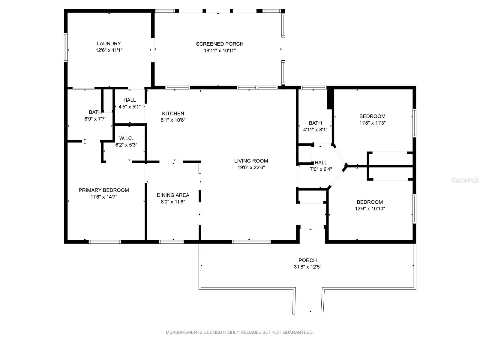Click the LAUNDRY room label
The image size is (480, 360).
tap(109, 44)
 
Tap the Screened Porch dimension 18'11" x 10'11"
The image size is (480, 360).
tap(220, 51)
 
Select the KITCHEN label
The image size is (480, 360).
tap(173, 113)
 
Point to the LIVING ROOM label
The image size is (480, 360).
tap(251, 161)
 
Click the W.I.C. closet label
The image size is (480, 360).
tap(126, 138)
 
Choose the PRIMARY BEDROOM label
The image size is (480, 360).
tap(104, 190)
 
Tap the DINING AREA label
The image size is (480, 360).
tap(173, 195)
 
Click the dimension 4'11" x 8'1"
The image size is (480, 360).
tap(315, 130)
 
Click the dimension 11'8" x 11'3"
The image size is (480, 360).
tap(372, 123)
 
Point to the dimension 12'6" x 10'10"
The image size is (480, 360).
tap(370, 209)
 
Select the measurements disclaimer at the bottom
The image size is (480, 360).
tap(240, 332)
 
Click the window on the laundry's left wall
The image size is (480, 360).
tap(66, 47)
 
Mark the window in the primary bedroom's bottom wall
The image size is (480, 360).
tap(105, 242)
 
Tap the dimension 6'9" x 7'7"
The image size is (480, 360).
tap(95, 119)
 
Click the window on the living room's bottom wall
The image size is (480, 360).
tap(251, 242)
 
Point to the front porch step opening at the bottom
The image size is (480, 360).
tap(309, 312)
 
